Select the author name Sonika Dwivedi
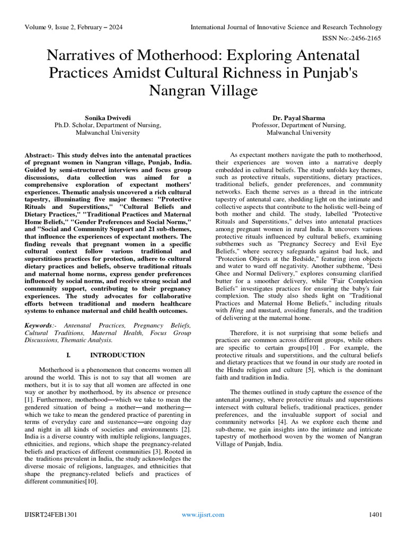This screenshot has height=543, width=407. pyautogui.click(x=108, y=117)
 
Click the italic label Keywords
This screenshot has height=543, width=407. pyautogui.click(x=40, y=325)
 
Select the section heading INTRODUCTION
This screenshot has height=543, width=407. pyautogui.click(x=117, y=355)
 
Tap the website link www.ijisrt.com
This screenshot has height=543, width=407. pyautogui.click(x=203, y=514)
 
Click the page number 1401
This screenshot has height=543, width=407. pyautogui.click(x=375, y=514)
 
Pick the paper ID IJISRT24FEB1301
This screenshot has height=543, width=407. pyautogui.click(x=47, y=514)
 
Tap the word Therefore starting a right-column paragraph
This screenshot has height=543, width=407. pyautogui.click(x=245, y=332)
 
